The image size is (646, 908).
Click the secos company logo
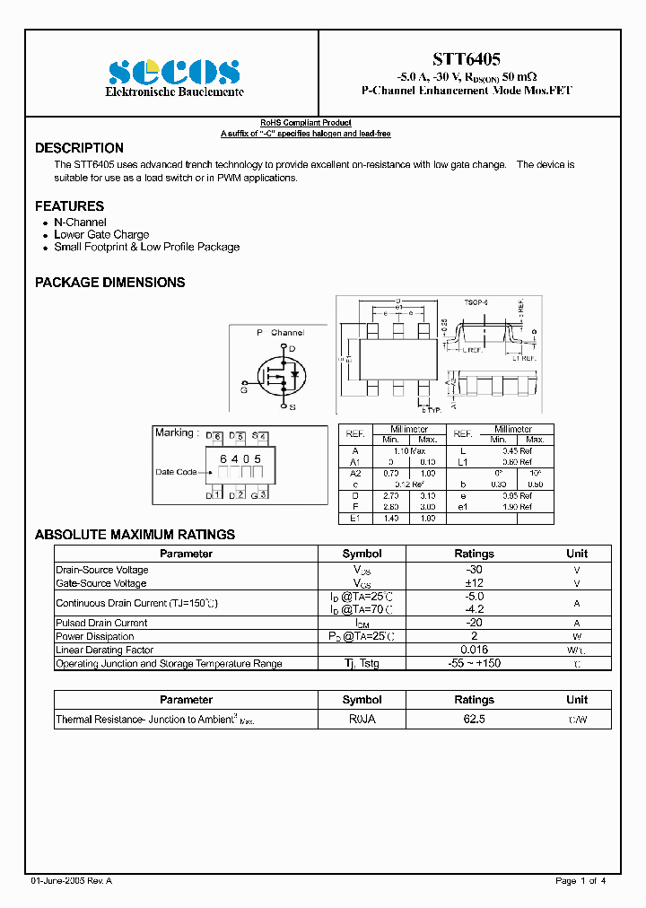click(174, 72)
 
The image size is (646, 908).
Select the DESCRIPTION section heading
click(79, 148)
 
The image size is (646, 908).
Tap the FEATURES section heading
click(69, 205)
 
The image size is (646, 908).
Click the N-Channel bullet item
click(80, 222)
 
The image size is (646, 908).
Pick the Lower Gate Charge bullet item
click(101, 234)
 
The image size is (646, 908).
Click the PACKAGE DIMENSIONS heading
click(109, 282)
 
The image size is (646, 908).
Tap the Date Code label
click(176, 472)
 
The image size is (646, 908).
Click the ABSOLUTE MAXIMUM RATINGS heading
click(135, 534)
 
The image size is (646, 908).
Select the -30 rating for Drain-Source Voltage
click(474, 570)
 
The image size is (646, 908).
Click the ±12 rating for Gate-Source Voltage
click(474, 583)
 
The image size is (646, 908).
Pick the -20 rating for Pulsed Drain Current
click(474, 623)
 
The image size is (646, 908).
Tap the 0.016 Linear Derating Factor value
click(474, 650)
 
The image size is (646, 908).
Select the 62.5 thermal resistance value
click(474, 720)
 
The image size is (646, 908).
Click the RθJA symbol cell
click(362, 720)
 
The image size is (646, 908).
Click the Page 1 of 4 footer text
click(581, 881)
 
